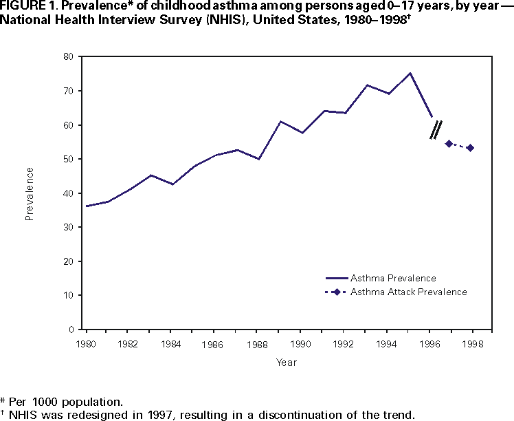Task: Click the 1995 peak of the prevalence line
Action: [x=410, y=73]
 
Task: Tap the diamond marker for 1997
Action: [x=449, y=143]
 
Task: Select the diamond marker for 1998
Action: [x=470, y=148]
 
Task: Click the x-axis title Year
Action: [x=287, y=362]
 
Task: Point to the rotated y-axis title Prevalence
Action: [x=30, y=193]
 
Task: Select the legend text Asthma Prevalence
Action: [x=393, y=278]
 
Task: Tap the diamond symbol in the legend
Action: [x=337, y=292]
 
